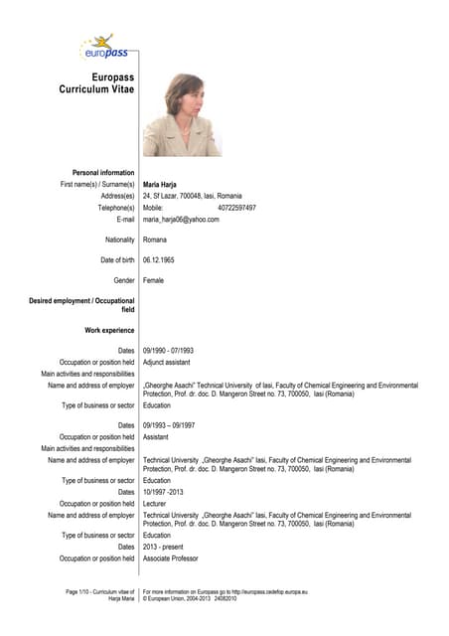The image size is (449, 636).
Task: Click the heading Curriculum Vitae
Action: [x=97, y=89]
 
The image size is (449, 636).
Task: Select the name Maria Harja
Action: [x=161, y=185]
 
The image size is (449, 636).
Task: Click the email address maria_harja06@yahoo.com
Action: [x=182, y=220]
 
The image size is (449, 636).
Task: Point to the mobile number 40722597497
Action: [x=236, y=208]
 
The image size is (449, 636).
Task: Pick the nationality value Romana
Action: [x=155, y=239]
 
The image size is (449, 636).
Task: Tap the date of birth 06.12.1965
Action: [x=160, y=260]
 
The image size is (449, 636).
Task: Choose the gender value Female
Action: [x=154, y=281]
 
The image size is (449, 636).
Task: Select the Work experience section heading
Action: [x=110, y=330]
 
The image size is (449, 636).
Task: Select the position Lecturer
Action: [x=155, y=504]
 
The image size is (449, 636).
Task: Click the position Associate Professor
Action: [x=176, y=558]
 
